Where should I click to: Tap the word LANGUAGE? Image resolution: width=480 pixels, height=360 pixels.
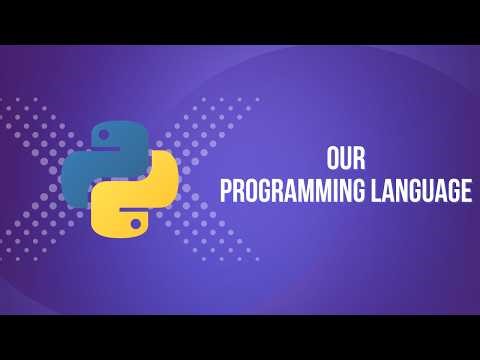pos(420,192)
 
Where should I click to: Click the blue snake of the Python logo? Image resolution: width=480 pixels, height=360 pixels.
pos(95,160)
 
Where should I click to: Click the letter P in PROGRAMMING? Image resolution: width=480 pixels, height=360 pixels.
pos(226,192)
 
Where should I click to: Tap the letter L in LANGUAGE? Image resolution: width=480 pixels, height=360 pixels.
pos(374,192)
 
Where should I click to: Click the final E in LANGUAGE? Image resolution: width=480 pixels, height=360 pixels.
pos(465,192)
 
